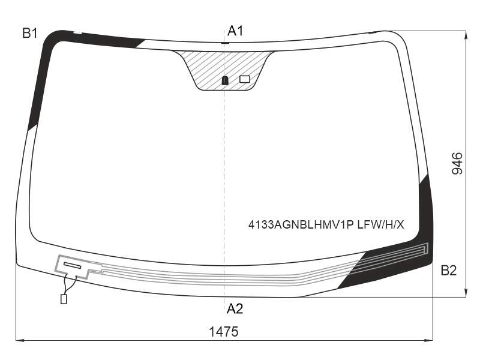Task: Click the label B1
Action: [x=29, y=33]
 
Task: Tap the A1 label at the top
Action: [x=235, y=31]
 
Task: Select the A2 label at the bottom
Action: [x=235, y=308]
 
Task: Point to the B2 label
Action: [x=448, y=271]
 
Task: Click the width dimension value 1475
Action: [x=223, y=332]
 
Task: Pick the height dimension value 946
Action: [x=457, y=163]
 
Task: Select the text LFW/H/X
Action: [x=381, y=225]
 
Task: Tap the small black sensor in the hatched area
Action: [x=225, y=80]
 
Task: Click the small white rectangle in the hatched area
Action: [x=245, y=79]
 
